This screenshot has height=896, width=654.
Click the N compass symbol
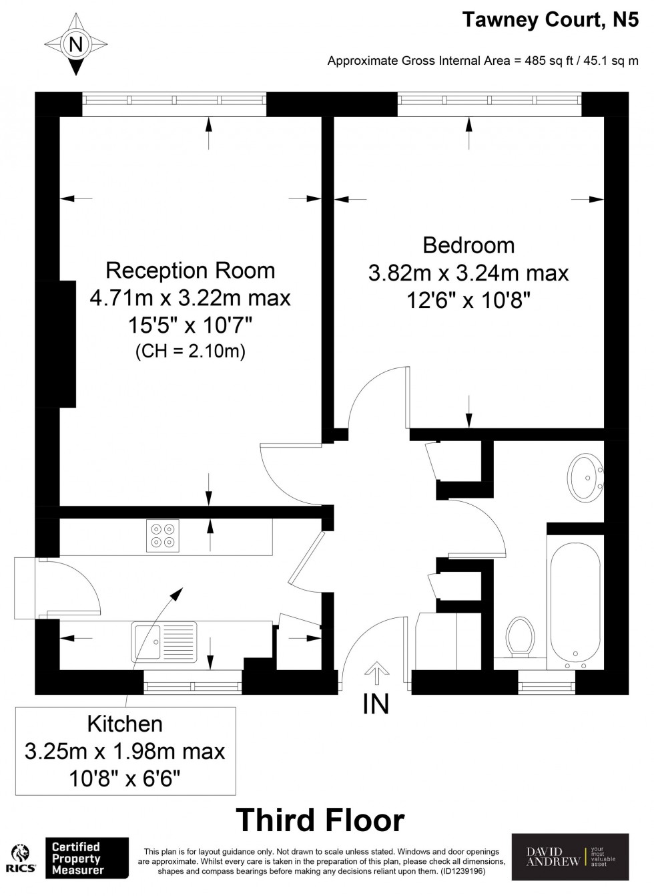(75, 43)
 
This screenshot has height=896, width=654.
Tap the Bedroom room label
(468, 245)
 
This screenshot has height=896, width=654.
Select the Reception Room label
(190, 271)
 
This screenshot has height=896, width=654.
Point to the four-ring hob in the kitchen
(163, 536)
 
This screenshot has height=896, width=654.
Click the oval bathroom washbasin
(587, 477)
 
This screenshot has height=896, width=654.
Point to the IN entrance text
(376, 704)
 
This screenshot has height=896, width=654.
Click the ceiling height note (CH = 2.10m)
(190, 351)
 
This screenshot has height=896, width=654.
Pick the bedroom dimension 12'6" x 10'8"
(468, 300)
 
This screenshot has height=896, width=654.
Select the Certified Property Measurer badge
(87, 857)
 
